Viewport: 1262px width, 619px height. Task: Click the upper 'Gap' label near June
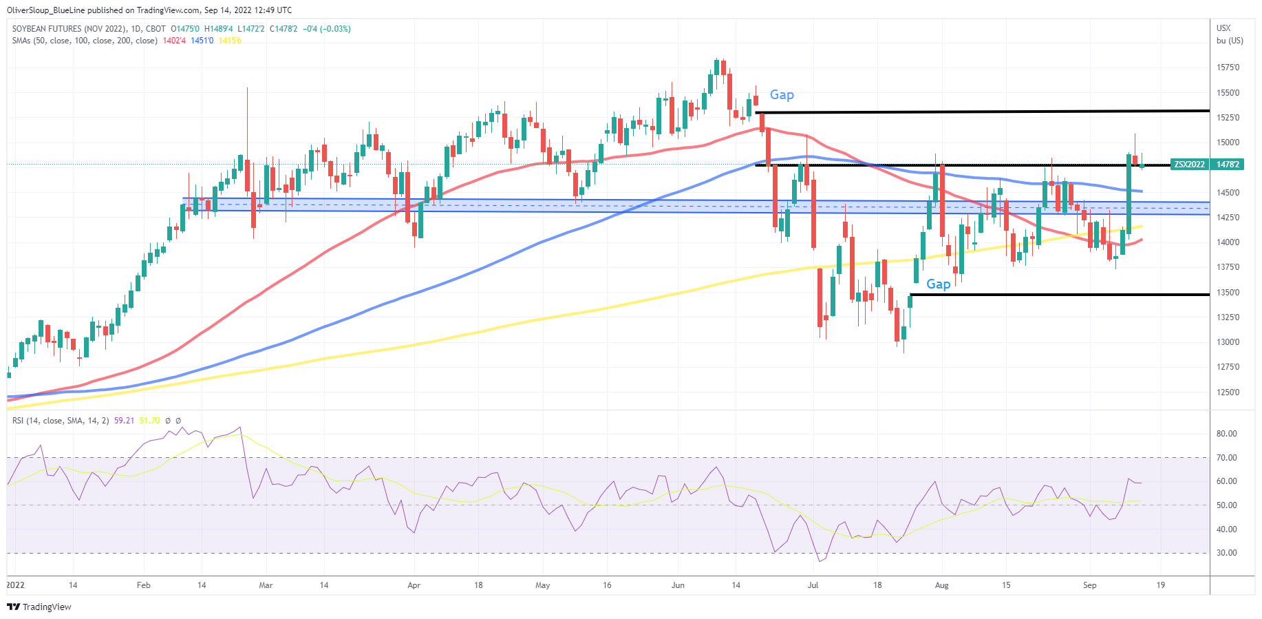tap(781, 95)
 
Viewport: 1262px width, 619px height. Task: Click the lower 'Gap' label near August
tap(938, 284)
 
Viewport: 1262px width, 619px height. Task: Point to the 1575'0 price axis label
tap(1228, 67)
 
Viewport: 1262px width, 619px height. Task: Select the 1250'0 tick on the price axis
tap(1228, 392)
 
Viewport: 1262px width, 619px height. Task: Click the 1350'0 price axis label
tap(1228, 293)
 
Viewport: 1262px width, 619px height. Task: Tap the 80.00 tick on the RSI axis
tap(1226, 434)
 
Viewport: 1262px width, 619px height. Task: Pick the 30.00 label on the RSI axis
tap(1226, 553)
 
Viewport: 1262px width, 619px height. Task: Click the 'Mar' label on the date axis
tap(266, 585)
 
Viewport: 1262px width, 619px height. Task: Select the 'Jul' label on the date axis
tap(813, 585)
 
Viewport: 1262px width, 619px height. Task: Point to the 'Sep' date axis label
tap(1089, 585)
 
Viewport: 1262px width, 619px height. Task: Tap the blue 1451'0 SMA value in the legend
tap(202, 41)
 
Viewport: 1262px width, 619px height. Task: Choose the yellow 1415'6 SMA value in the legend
tap(230, 41)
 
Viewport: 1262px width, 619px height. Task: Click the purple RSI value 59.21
tap(124, 421)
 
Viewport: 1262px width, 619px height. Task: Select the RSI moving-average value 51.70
tap(149, 421)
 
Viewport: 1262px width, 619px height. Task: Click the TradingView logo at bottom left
tap(39, 607)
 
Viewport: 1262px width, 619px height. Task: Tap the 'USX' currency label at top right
tap(1223, 28)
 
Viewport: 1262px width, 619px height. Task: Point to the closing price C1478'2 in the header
tap(284, 29)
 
